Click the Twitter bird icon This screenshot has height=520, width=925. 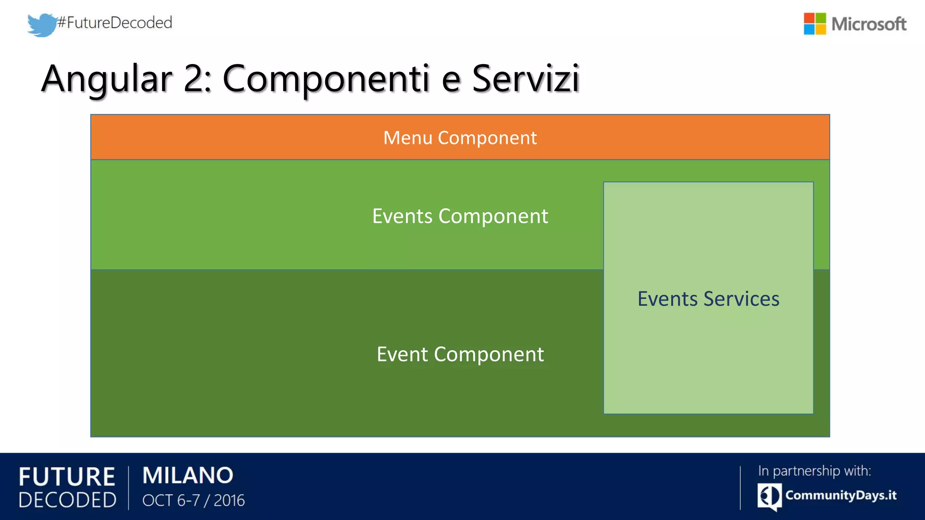click(x=42, y=24)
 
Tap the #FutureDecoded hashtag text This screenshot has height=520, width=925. click(x=115, y=22)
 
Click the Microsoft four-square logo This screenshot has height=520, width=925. click(x=814, y=24)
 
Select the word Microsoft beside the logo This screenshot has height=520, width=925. click(x=869, y=24)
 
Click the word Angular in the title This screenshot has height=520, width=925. click(x=107, y=79)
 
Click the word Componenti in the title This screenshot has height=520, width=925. click(x=325, y=79)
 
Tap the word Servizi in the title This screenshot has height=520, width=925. click(x=525, y=79)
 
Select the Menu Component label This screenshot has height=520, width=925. click(x=460, y=138)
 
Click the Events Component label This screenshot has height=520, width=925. click(x=460, y=216)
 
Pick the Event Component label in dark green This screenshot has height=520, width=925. click(x=460, y=354)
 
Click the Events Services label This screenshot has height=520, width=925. click(x=708, y=299)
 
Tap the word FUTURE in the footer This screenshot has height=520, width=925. click(x=67, y=477)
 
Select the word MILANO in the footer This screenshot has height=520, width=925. click(x=188, y=475)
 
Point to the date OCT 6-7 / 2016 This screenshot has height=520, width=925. click(x=193, y=500)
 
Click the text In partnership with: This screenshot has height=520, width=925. click(x=814, y=471)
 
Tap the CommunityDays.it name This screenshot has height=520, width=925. click(x=841, y=495)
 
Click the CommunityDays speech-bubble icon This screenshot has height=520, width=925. click(x=769, y=497)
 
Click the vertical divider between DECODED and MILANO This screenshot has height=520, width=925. click(x=129, y=487)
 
